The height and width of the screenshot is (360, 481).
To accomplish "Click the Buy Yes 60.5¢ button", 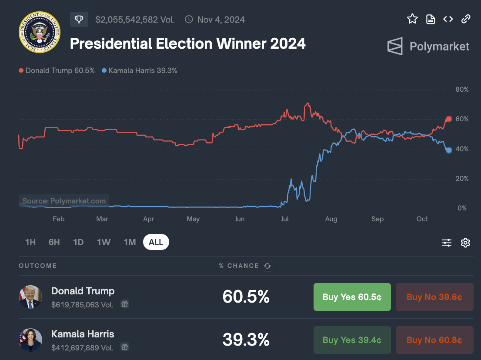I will click(x=352, y=297).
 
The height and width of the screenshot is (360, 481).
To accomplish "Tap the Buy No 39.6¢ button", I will click(x=434, y=297).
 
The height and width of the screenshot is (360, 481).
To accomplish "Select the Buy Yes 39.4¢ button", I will click(x=352, y=340).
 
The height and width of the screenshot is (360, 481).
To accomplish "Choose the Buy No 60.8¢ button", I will click(x=434, y=340).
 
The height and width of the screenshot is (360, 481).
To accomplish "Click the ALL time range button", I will click(x=156, y=242).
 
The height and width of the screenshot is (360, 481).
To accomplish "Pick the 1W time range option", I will click(x=104, y=242).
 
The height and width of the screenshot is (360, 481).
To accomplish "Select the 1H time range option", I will click(x=30, y=242).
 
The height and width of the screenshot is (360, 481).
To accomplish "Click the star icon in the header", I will click(x=412, y=19).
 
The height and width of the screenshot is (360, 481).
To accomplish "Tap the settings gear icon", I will click(x=465, y=243).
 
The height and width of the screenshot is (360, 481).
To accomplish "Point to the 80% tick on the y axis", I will click(x=462, y=90).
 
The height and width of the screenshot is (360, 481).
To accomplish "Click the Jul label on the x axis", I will click(x=285, y=219).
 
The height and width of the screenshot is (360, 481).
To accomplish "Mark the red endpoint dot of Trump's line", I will click(x=449, y=119).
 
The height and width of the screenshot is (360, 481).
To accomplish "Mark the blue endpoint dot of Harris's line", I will click(x=449, y=150).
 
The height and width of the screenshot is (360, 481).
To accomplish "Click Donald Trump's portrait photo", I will click(x=30, y=297).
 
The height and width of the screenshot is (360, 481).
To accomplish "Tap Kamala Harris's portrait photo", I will click(x=30, y=340).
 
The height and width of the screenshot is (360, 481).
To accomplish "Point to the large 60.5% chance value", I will click(x=246, y=297).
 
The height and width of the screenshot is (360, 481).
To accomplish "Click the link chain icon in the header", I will click(x=466, y=19).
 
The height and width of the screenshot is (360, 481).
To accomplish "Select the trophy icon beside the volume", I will click(x=79, y=19).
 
